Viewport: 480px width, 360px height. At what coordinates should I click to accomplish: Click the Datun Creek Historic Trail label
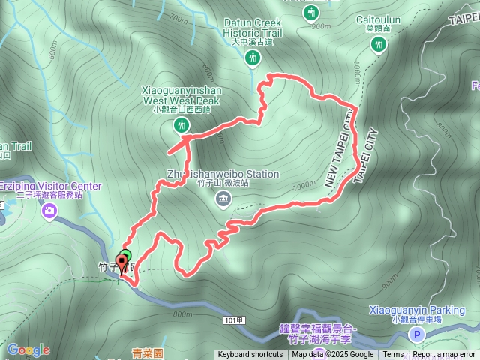252,28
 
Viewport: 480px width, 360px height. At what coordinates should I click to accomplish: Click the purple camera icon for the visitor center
49,213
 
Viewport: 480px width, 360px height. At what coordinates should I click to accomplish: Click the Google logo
28,349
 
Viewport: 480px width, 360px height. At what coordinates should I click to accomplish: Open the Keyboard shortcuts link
250,355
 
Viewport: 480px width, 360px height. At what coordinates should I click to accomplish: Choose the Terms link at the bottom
393,355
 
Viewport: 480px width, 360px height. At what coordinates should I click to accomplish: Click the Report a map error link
443,355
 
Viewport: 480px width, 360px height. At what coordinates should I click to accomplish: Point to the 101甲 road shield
233,319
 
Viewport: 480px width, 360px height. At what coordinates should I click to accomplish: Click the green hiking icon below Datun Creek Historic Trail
253,58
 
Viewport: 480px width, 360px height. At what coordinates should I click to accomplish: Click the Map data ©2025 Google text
333,355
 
